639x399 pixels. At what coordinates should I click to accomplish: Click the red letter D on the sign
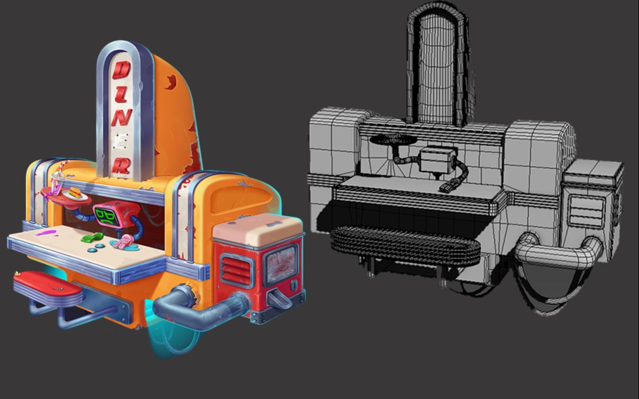[x=121, y=70]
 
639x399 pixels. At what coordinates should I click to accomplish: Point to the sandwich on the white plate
[x=75, y=192]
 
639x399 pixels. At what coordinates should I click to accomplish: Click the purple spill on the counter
[x=46, y=233]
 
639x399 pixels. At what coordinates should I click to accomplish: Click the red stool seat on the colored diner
[x=48, y=284]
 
